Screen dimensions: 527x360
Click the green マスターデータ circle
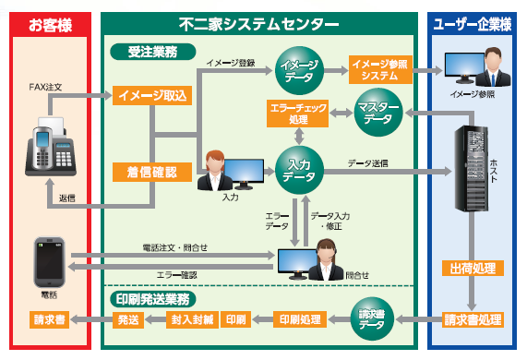(377, 113)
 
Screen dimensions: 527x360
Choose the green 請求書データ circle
(373, 319)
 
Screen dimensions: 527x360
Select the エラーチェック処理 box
(296, 113)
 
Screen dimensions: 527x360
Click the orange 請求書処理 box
(473, 320)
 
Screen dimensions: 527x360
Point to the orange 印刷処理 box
(303, 320)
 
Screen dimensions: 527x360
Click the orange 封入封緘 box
(192, 320)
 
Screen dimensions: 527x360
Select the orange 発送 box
(126, 320)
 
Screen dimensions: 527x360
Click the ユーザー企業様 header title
(473, 23)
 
